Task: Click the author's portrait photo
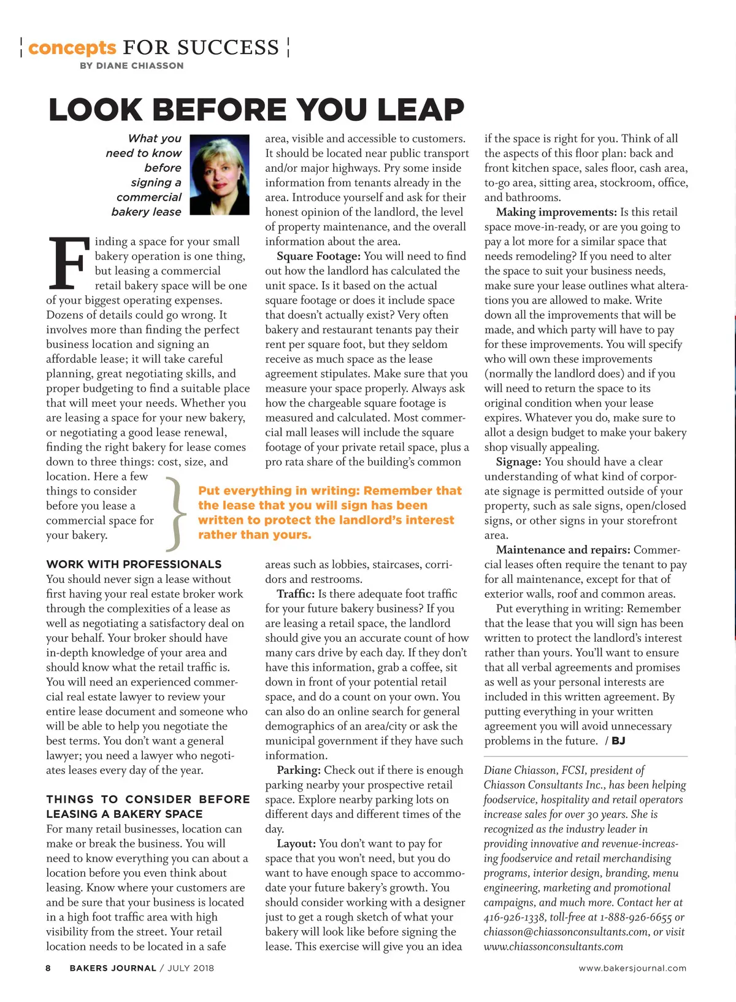coord(220,175)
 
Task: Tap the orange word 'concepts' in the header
coord(72,48)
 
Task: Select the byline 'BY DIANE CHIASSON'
coord(131,66)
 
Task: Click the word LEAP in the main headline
coord(420,110)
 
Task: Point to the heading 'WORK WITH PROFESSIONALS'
coord(134,565)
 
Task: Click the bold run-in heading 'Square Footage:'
coord(318,256)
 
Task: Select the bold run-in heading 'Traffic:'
coord(296,594)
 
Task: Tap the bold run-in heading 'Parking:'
coord(299,771)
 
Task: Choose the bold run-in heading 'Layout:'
coord(296,844)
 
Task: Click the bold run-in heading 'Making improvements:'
coord(556,212)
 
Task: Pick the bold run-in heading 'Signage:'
coord(518,462)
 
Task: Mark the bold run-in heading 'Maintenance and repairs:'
coord(562,550)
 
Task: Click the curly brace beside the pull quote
coord(175,513)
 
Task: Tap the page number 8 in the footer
coord(48,968)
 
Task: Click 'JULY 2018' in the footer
coord(191,968)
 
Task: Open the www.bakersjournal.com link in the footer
coord(632,968)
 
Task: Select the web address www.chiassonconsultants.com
coord(553,947)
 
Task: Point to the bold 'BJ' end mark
coord(618,741)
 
